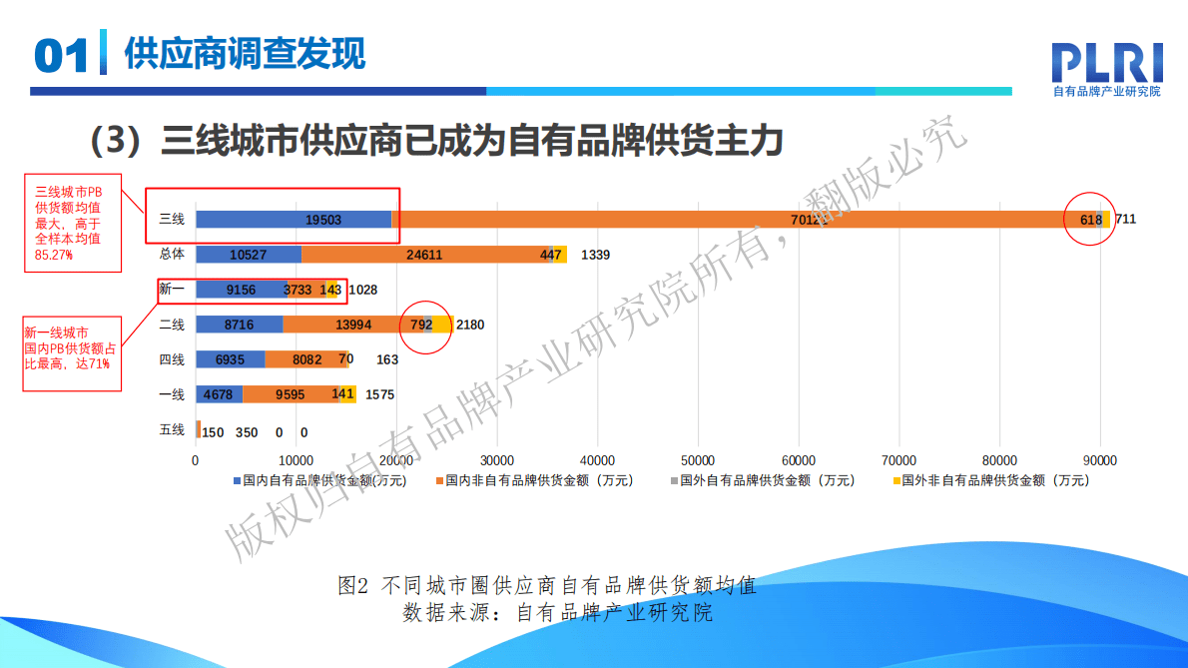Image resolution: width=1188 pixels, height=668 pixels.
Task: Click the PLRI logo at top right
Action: click(x=1107, y=63)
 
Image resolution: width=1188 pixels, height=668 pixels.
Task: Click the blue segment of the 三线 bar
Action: click(x=294, y=220)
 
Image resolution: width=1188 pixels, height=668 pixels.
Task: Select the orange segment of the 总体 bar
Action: click(x=424, y=255)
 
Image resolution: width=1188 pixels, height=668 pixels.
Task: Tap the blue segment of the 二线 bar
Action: click(x=240, y=325)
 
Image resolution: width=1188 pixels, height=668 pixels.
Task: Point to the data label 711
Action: click(x=1125, y=220)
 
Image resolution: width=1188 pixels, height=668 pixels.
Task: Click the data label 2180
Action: click(x=470, y=325)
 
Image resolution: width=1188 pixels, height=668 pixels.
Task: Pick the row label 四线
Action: click(x=172, y=359)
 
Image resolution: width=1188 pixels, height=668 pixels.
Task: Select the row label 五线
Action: click(x=172, y=430)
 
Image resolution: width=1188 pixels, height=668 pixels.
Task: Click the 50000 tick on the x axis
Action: click(x=698, y=460)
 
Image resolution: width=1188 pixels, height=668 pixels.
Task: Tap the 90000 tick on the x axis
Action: click(x=1100, y=460)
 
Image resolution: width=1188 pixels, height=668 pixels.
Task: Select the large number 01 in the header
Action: click(x=62, y=57)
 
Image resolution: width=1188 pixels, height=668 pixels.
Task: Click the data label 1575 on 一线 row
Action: click(x=380, y=395)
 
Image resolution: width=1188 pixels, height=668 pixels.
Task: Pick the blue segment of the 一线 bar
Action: click(x=219, y=394)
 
